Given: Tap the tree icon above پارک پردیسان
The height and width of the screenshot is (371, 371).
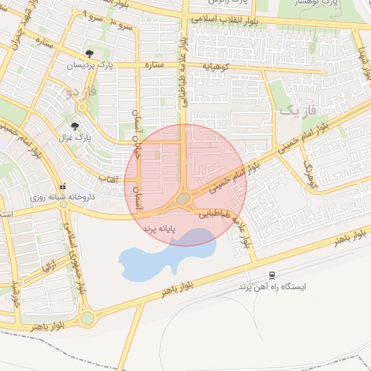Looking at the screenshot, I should tap(89, 54).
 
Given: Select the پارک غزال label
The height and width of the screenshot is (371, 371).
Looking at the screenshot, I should tap(75, 136).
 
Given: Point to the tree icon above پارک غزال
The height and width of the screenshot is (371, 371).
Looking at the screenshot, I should tap(75, 125).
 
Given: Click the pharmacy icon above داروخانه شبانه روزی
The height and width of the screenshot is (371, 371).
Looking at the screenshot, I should tap(63, 185).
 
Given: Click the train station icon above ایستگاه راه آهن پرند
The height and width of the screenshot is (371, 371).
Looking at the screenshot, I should tap(272, 275).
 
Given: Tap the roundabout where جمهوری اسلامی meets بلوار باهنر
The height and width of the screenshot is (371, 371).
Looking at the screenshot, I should tap(88, 317).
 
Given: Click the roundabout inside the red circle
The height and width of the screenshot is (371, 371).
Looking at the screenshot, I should tap(183, 199).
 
